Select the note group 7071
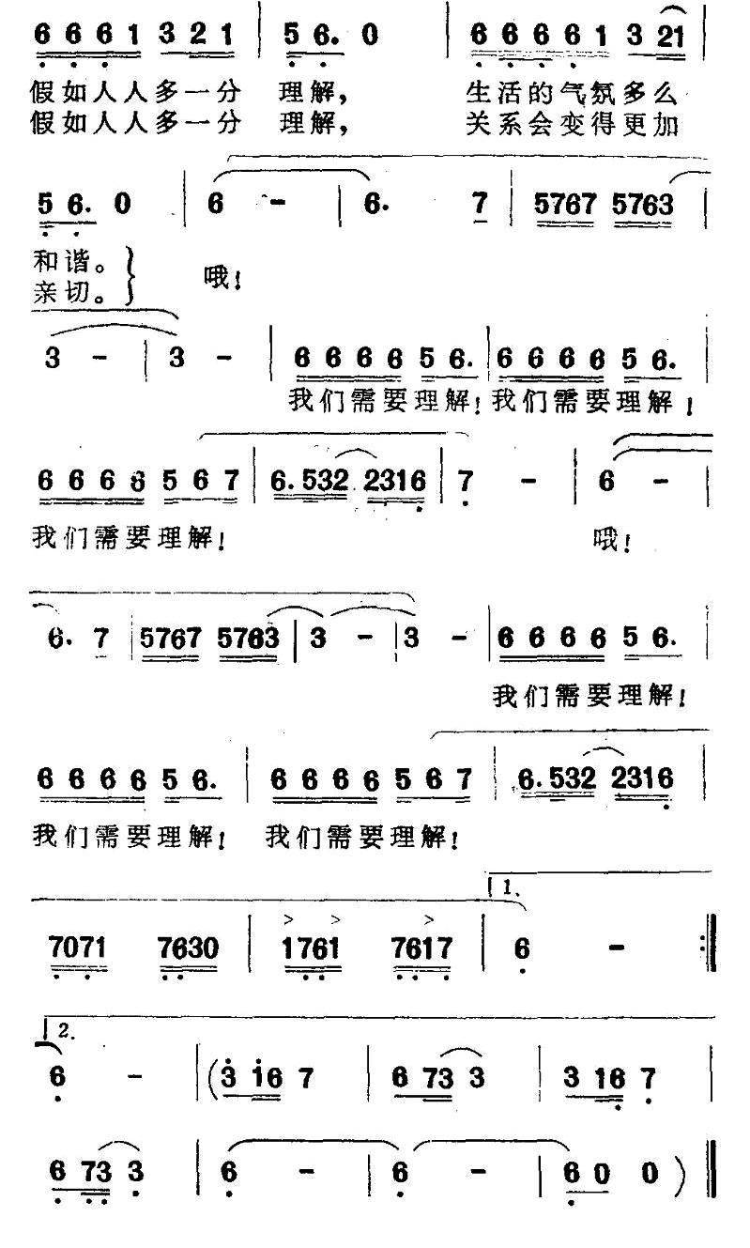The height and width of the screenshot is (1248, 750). coord(77,948)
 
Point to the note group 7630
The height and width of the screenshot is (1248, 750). coord(188,948)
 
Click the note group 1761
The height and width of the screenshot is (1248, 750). coord(311,948)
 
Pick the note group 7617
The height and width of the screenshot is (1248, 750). coord(421,948)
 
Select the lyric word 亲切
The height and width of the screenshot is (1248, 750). coord(61,292)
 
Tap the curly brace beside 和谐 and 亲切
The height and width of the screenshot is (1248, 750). coord(129,277)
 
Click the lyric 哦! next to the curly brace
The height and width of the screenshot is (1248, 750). coord(222,277)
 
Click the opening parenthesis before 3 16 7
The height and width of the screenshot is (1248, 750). coord(212,1077)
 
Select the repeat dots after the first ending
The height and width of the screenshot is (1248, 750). coord(703,948)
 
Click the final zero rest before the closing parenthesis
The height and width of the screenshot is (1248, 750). coord(650,1173)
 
